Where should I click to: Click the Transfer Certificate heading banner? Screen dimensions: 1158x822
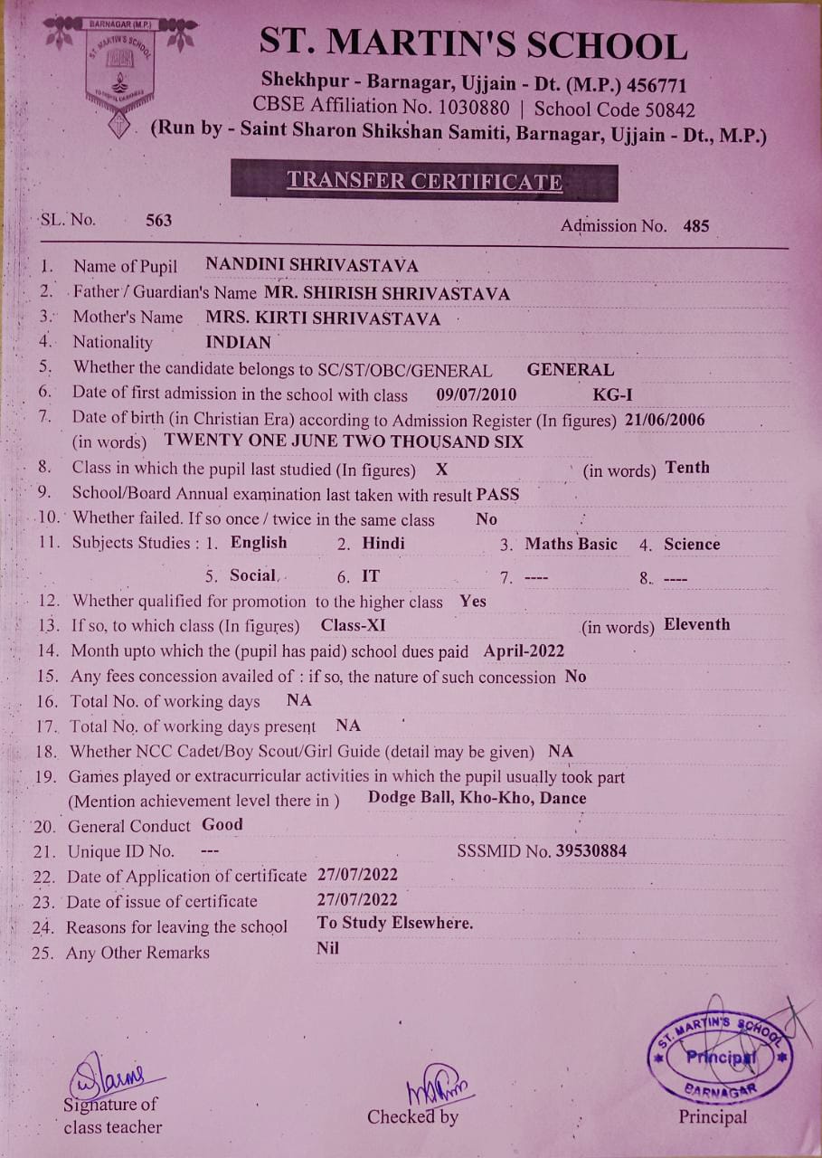click(424, 181)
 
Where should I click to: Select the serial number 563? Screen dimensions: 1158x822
click(158, 220)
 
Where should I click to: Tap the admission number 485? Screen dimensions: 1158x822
click(696, 226)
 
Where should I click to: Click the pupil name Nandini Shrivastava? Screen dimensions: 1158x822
click(312, 265)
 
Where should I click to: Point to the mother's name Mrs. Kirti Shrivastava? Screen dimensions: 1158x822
click(323, 318)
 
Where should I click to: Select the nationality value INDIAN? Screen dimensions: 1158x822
click(239, 343)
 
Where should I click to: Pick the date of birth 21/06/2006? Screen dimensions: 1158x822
click(665, 420)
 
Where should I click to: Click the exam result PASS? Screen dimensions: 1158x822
click(498, 494)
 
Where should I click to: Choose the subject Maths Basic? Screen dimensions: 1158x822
click(571, 544)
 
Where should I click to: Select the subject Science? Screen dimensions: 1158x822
click(692, 544)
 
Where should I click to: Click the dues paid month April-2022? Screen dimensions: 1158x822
click(524, 650)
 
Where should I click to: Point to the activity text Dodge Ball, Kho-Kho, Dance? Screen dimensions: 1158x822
click(477, 798)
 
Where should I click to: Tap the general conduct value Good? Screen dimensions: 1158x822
click(222, 824)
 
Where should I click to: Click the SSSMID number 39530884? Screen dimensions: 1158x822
click(591, 850)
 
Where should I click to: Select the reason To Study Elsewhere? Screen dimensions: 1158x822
click(395, 924)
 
